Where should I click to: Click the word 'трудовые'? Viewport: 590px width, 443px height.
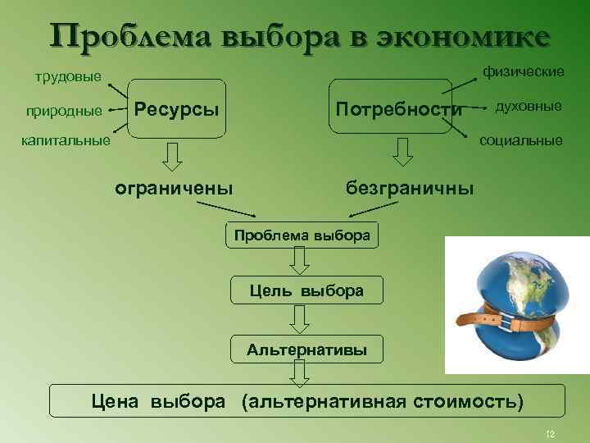67,78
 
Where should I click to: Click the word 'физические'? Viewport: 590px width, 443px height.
523,73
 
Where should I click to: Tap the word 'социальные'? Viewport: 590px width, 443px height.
521,140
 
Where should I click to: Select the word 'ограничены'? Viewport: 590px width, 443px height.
174,188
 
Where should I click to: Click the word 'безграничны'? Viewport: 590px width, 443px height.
410,188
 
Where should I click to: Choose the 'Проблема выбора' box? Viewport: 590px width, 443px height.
302,235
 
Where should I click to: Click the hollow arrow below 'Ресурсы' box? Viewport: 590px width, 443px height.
174,154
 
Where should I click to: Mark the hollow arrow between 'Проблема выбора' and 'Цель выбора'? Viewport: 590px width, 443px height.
300,261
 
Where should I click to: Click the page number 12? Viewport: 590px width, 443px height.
550,433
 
